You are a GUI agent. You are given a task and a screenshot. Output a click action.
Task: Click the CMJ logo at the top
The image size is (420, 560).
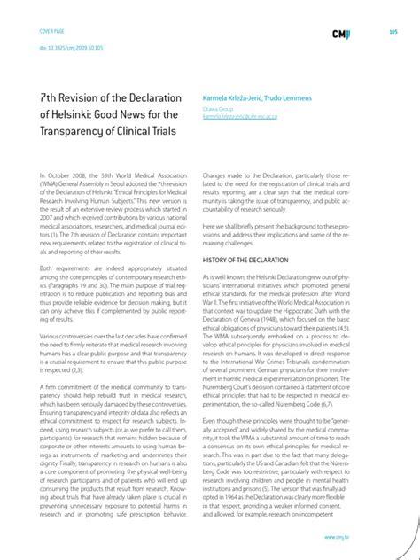340,34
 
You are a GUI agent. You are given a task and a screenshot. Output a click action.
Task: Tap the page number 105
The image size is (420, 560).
393,32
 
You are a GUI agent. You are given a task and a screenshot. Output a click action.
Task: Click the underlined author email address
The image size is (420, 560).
243,116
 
